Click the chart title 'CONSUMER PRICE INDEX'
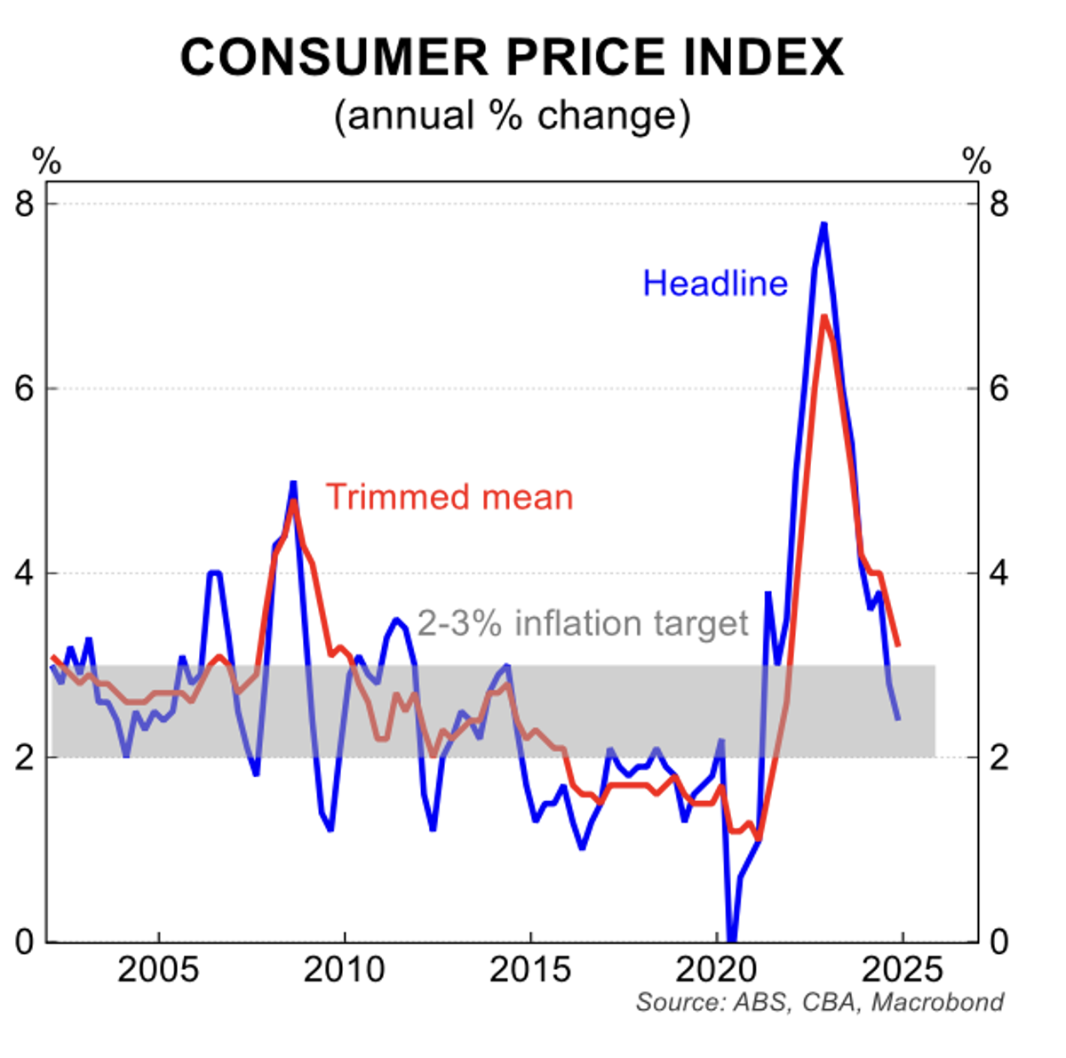click(x=512, y=59)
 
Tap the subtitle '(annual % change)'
click(x=512, y=116)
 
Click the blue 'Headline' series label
click(x=715, y=284)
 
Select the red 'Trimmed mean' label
click(x=449, y=497)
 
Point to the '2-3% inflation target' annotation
click(x=583, y=624)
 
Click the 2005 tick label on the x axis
click(x=158, y=970)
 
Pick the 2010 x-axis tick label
click(x=344, y=970)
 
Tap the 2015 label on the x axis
click(x=530, y=970)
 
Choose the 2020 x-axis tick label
click(x=716, y=970)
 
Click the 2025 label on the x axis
click(x=901, y=970)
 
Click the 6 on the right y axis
click(x=999, y=389)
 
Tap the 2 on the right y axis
click(x=999, y=757)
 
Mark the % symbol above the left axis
click(x=46, y=162)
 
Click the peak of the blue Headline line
click(x=823, y=224)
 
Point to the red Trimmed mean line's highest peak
click(x=824, y=317)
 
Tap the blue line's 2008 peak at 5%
click(x=292, y=483)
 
